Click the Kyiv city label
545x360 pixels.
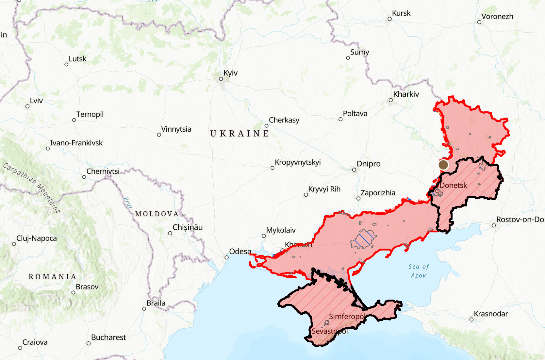pyautogui.click(x=230, y=73)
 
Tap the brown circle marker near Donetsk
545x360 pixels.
pyautogui.click(x=443, y=165)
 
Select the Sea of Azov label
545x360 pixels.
pyautogui.click(x=419, y=271)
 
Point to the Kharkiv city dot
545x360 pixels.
pyautogui.click(x=390, y=100)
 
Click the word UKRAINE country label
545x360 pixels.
pyautogui.click(x=239, y=134)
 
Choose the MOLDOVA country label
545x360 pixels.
pyautogui.click(x=157, y=214)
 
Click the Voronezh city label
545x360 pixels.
pyautogui.click(x=497, y=17)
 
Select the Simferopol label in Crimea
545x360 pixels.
pyautogui.click(x=347, y=317)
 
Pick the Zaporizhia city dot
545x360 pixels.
pyautogui.click(x=358, y=199)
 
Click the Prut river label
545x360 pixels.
pyautogui.click(x=128, y=203)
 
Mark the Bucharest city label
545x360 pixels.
pyautogui.click(x=108, y=337)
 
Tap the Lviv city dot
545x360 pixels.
pyautogui.click(x=27, y=106)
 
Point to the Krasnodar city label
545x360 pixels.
pyautogui.click(x=491, y=314)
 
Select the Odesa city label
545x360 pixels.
pyautogui.click(x=240, y=252)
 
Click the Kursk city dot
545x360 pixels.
pyautogui.click(x=389, y=19)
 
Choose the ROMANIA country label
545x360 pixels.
pyautogui.click(x=52, y=277)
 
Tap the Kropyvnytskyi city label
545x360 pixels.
pyautogui.click(x=298, y=162)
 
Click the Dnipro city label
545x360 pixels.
pyautogui.click(x=369, y=164)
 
